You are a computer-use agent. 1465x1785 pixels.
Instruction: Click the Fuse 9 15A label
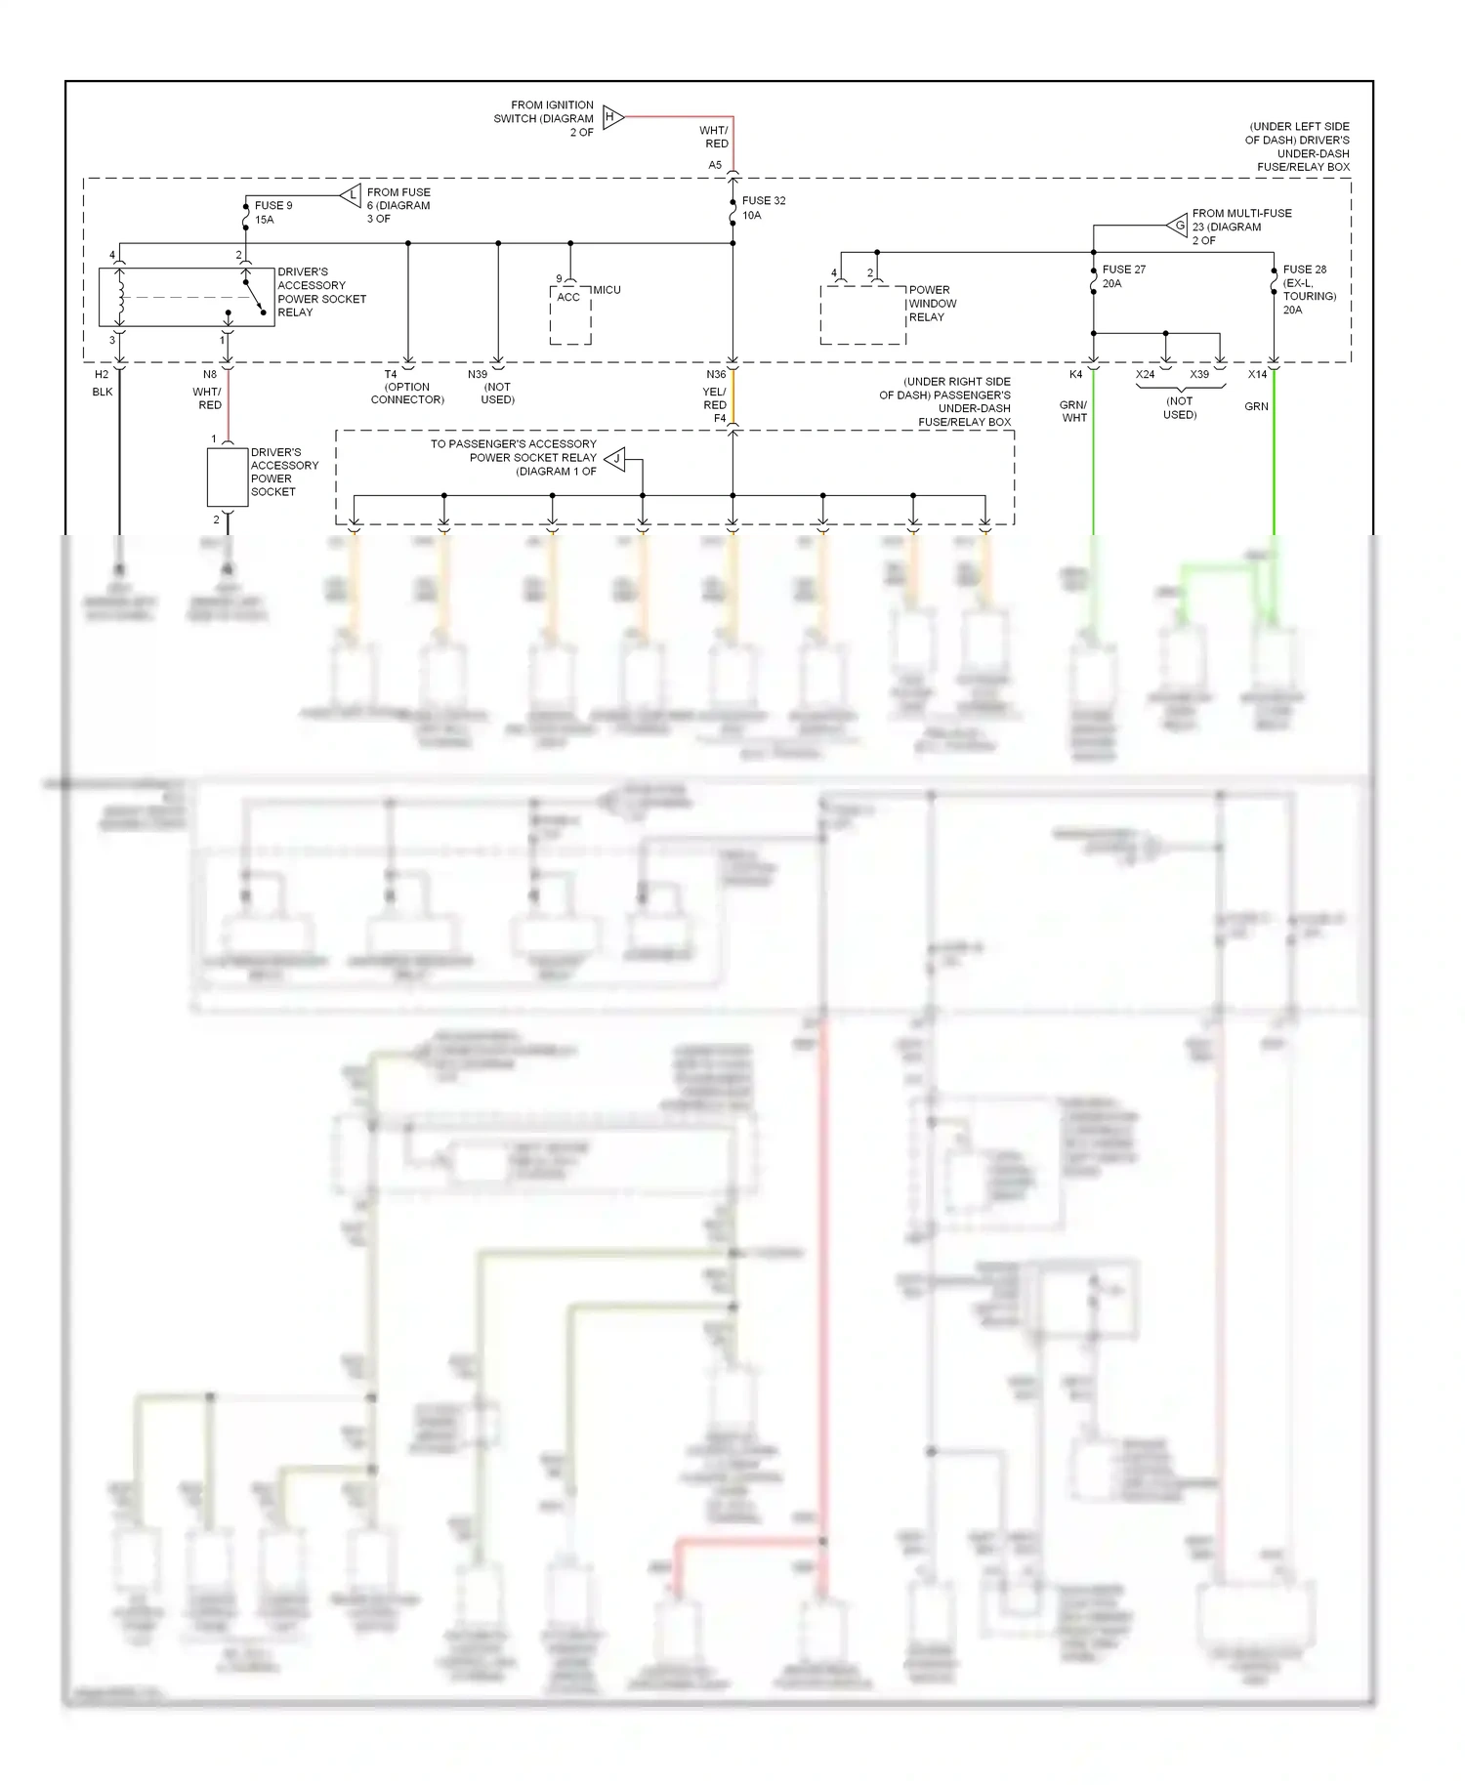pyautogui.click(x=272, y=213)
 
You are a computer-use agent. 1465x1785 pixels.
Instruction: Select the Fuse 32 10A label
pyautogui.click(x=763, y=208)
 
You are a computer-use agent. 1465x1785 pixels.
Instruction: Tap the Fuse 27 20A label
pyautogui.click(x=1123, y=276)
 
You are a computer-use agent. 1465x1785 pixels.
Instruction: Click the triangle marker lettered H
pyautogui.click(x=612, y=117)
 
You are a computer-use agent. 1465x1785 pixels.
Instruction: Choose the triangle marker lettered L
pyautogui.click(x=352, y=195)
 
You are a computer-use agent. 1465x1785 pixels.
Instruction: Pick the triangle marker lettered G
pyautogui.click(x=1178, y=226)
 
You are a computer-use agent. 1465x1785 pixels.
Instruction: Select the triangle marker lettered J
pyautogui.click(x=615, y=458)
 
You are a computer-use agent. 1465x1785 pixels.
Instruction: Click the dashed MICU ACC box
pyautogui.click(x=570, y=314)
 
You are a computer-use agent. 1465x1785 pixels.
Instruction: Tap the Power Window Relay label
pyautogui.click(x=932, y=304)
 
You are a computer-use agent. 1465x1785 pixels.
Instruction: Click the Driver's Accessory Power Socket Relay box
pyautogui.click(x=186, y=297)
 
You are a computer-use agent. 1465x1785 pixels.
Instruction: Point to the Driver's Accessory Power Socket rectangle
pyautogui.click(x=228, y=477)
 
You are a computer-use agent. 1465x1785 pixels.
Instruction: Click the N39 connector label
pyautogui.click(x=477, y=374)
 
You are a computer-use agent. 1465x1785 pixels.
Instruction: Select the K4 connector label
pyautogui.click(x=1075, y=374)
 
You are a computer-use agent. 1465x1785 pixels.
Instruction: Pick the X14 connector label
pyautogui.click(x=1257, y=374)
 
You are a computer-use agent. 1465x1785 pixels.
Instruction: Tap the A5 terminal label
pyautogui.click(x=715, y=165)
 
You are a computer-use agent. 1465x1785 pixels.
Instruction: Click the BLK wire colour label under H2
pyautogui.click(x=103, y=392)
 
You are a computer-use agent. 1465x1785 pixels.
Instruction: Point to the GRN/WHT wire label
pyautogui.click(x=1073, y=411)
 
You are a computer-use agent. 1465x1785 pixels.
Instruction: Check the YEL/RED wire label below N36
pyautogui.click(x=714, y=398)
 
